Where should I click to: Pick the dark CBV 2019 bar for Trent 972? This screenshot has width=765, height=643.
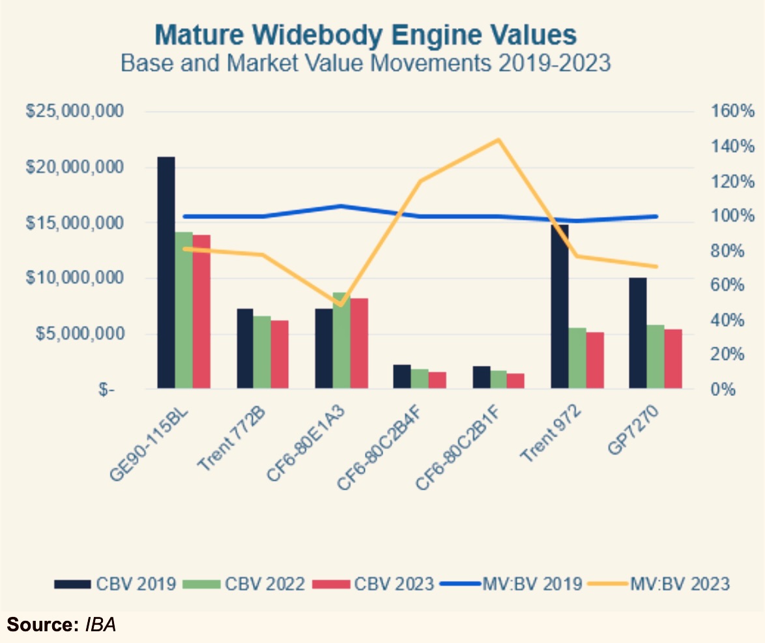(560, 307)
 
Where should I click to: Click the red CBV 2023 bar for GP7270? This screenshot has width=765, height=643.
(673, 359)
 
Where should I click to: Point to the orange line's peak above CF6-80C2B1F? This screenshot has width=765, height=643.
(498, 140)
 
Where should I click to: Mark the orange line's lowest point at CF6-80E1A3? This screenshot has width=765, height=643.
(340, 305)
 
